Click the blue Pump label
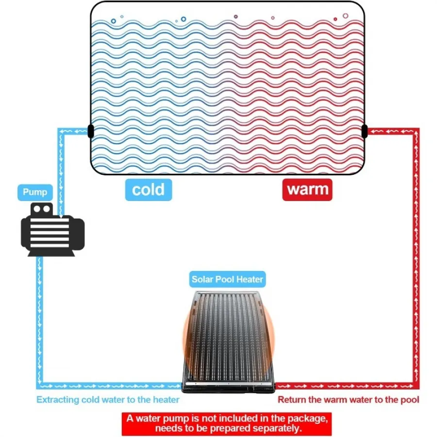click(35, 192)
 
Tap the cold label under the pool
click(149, 190)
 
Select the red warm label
click(307, 190)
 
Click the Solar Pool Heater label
click(227, 279)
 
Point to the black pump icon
click(52, 230)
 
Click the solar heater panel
click(228, 341)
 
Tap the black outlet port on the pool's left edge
click(91, 131)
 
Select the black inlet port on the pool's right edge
click(364, 131)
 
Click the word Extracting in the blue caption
click(58, 400)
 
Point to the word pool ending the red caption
click(410, 400)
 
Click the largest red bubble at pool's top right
click(346, 16)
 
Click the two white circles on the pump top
click(42, 209)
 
